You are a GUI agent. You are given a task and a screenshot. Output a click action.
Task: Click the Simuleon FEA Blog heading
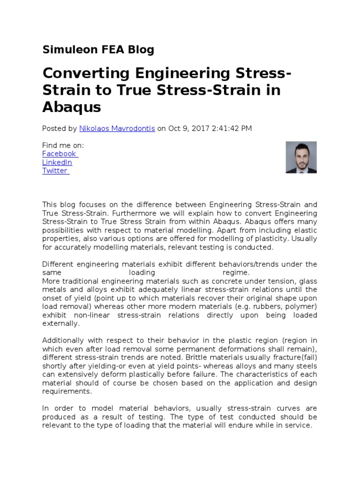tap(98, 50)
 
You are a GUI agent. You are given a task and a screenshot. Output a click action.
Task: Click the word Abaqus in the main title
tap(71, 107)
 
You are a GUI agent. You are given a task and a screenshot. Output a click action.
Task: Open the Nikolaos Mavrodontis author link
tap(117, 128)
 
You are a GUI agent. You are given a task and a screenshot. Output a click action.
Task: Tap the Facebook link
tap(60, 154)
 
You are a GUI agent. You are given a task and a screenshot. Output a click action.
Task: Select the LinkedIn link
tap(57, 162)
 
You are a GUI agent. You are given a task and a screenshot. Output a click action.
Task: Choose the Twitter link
tap(55, 171)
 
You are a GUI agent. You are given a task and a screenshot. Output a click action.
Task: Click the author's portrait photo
tap(301, 157)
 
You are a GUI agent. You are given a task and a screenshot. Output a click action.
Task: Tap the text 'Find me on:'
tap(63, 145)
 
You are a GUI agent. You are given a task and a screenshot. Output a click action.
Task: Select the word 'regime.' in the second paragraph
tap(236, 273)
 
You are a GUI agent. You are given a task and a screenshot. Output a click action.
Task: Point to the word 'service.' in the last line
tap(299, 425)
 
